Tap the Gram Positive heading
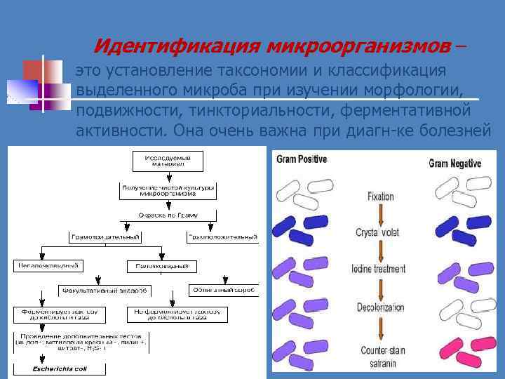pos(302,159)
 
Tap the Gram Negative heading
pos(454,163)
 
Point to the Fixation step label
pos(381,197)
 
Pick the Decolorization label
pos(379,307)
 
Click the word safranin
pos(379,364)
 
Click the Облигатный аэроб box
pos(225,289)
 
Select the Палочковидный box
pos(162,266)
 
